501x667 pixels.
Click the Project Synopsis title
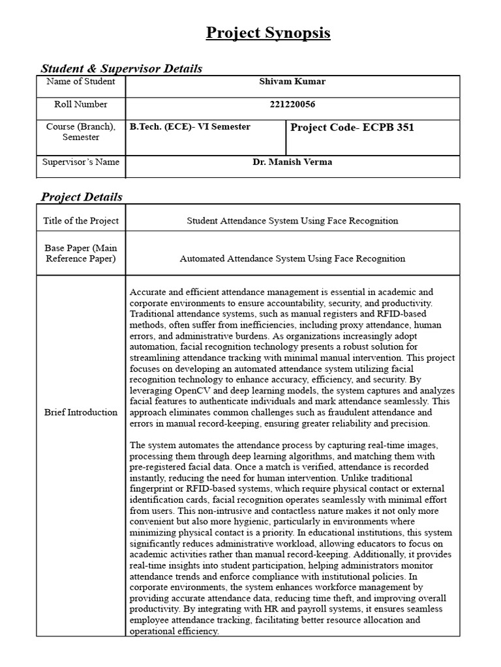pos(268,33)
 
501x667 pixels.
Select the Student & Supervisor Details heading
pos(121,68)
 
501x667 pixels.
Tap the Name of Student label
pos(81,82)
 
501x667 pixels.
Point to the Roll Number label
pos(81,104)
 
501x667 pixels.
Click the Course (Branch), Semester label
pos(81,132)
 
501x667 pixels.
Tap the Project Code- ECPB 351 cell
pos(352,128)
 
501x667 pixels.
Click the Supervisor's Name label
pos(81,162)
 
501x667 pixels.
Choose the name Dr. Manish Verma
pos(292,162)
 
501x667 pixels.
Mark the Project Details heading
pos(82,197)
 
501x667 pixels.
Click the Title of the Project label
pos(81,221)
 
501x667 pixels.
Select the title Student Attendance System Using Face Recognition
pos(292,221)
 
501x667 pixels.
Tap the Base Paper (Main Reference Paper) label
pos(81,253)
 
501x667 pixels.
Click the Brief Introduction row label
pos(81,412)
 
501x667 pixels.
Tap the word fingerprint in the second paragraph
pos(154,489)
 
